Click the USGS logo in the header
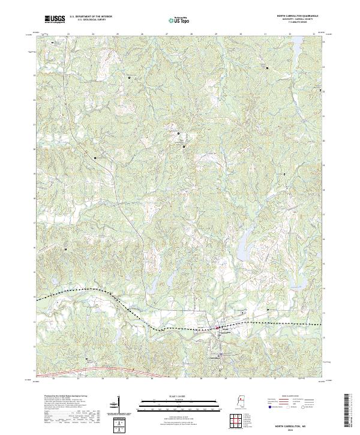click(55, 20)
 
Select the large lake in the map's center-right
click(245, 247)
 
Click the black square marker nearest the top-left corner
click(53, 43)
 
